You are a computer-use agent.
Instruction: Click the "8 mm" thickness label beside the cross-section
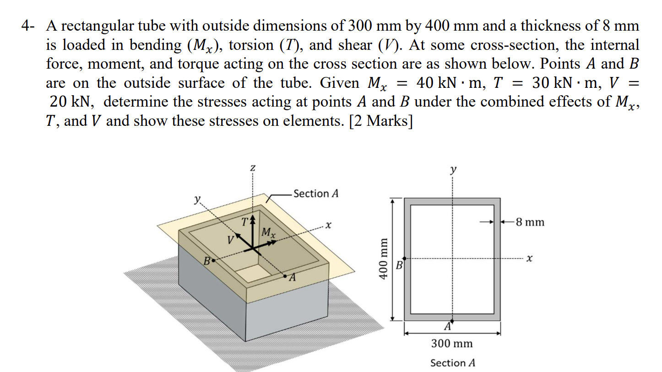[530, 222]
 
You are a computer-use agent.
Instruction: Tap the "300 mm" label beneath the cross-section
[452, 343]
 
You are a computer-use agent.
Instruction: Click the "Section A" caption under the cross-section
[453, 363]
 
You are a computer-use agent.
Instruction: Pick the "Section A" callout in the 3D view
[316, 194]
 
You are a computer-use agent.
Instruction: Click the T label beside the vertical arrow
[245, 223]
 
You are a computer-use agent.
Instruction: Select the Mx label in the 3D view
[268, 233]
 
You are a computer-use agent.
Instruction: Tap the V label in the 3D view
[232, 239]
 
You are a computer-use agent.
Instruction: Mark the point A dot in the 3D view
[286, 276]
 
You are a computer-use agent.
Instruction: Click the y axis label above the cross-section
[453, 170]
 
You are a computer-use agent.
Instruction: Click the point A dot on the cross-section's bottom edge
[453, 321]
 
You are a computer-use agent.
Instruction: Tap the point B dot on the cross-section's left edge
[404, 259]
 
